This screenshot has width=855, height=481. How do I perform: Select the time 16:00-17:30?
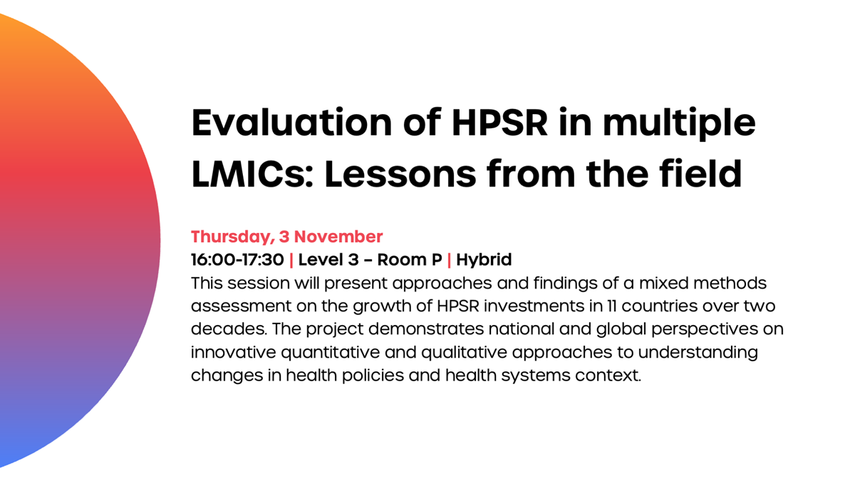pyautogui.click(x=237, y=259)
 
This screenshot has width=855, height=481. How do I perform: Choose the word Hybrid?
pyautogui.click(x=484, y=259)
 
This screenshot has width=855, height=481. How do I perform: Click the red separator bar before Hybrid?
pyautogui.click(x=449, y=259)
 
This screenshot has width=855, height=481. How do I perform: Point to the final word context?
pyautogui.click(x=612, y=376)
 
